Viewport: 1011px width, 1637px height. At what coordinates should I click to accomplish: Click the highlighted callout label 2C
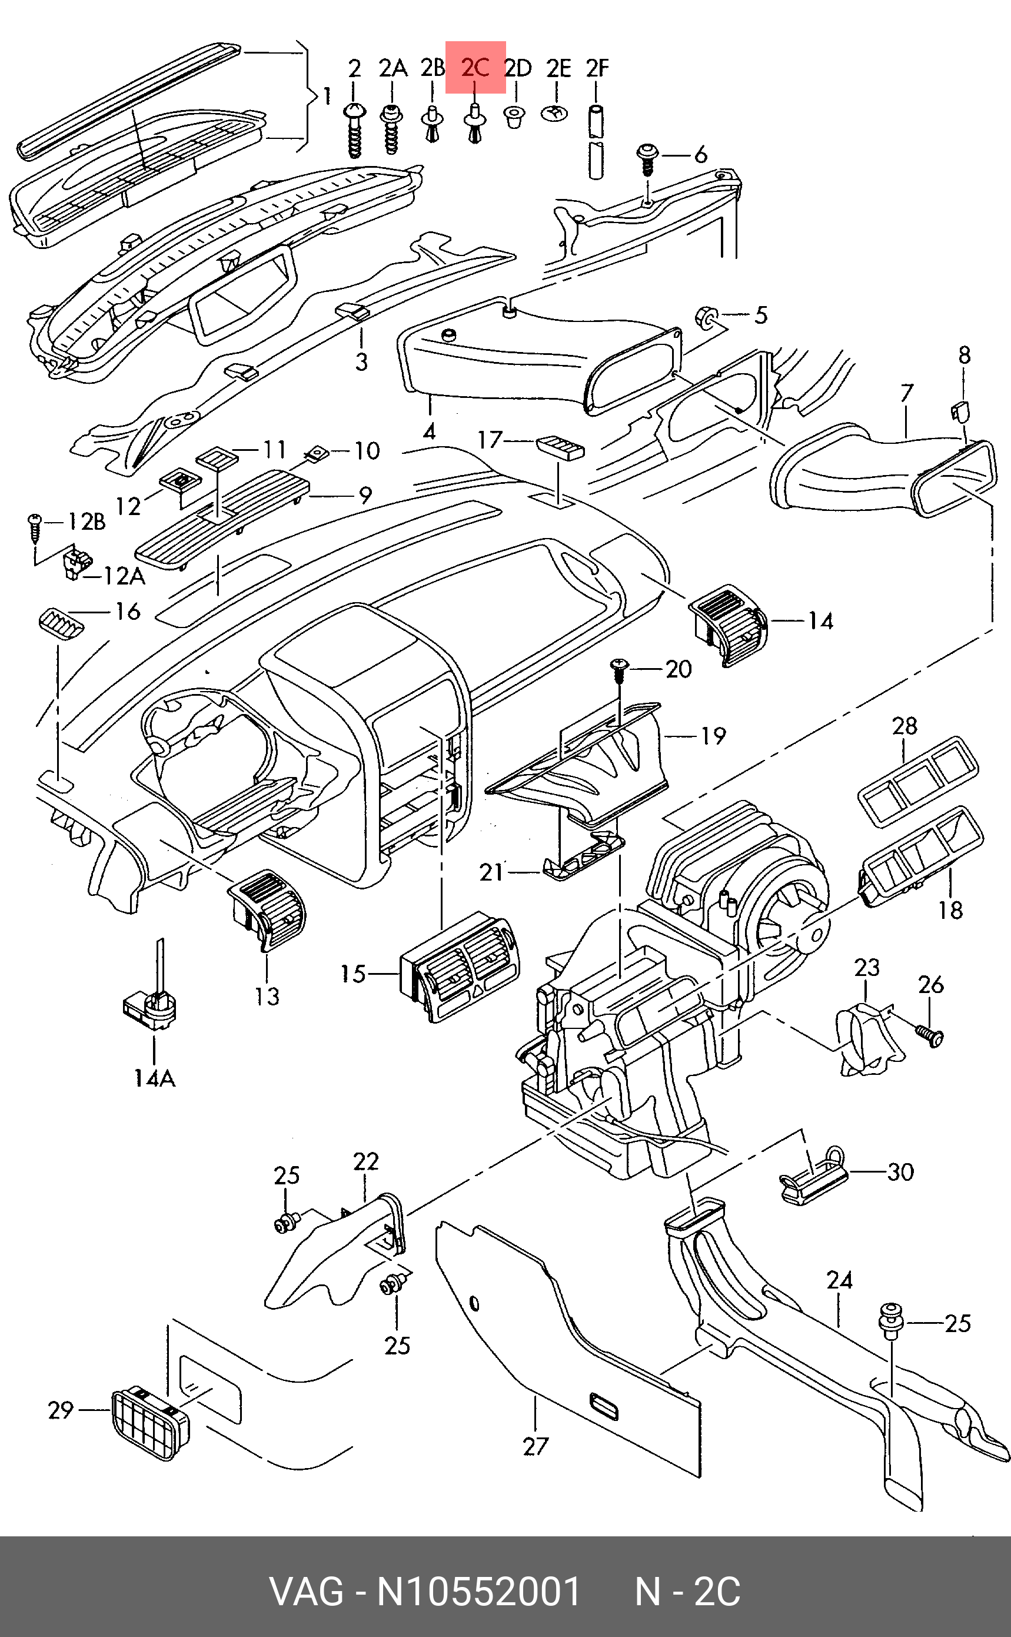pos(475,68)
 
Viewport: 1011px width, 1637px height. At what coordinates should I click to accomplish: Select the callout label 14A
pos(154,1078)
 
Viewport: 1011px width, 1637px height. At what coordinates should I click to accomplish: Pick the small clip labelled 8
pos(960,410)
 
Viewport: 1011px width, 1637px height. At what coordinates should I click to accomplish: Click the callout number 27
pos(534,1446)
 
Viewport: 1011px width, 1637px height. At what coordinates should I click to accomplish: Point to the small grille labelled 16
pos(59,624)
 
